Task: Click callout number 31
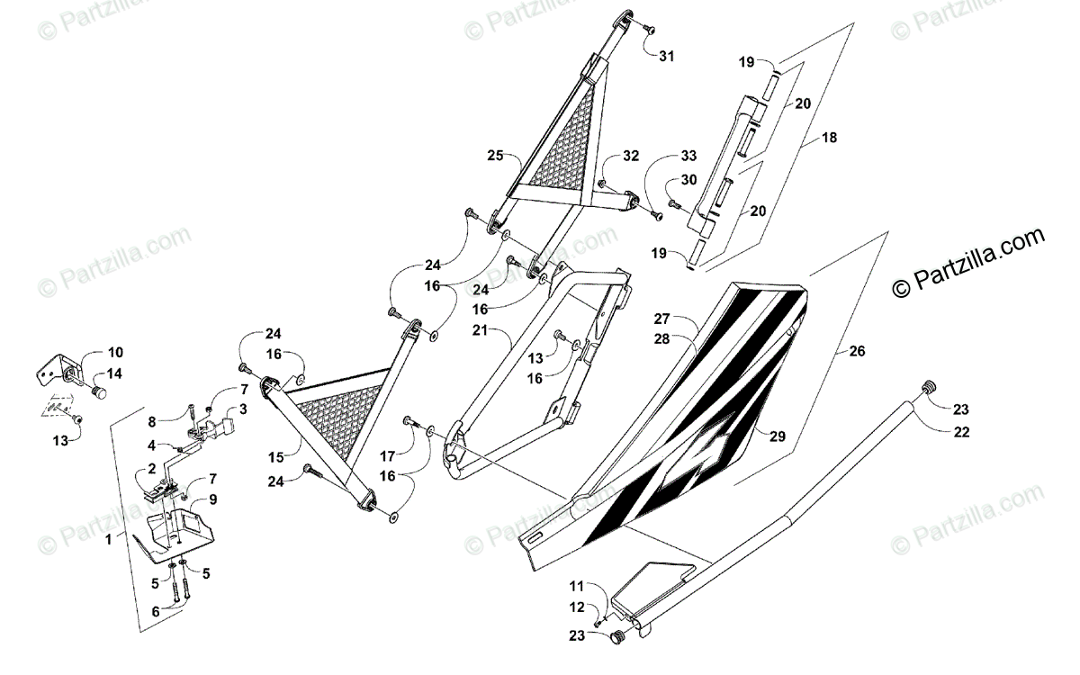pyautogui.click(x=665, y=56)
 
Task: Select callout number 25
pyautogui.click(x=495, y=155)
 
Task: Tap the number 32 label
pyautogui.click(x=630, y=156)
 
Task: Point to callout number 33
pyautogui.click(x=688, y=156)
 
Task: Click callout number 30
pyautogui.click(x=688, y=179)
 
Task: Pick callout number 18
pyautogui.click(x=829, y=138)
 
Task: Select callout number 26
pyautogui.click(x=856, y=351)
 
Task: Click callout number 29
pyautogui.click(x=777, y=436)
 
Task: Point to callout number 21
pyautogui.click(x=479, y=331)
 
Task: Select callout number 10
pyautogui.click(x=116, y=352)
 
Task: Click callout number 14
pyautogui.click(x=116, y=373)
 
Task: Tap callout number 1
pyautogui.click(x=108, y=539)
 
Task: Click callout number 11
pyautogui.click(x=576, y=586)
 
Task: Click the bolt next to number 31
pyautogui.click(x=648, y=30)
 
